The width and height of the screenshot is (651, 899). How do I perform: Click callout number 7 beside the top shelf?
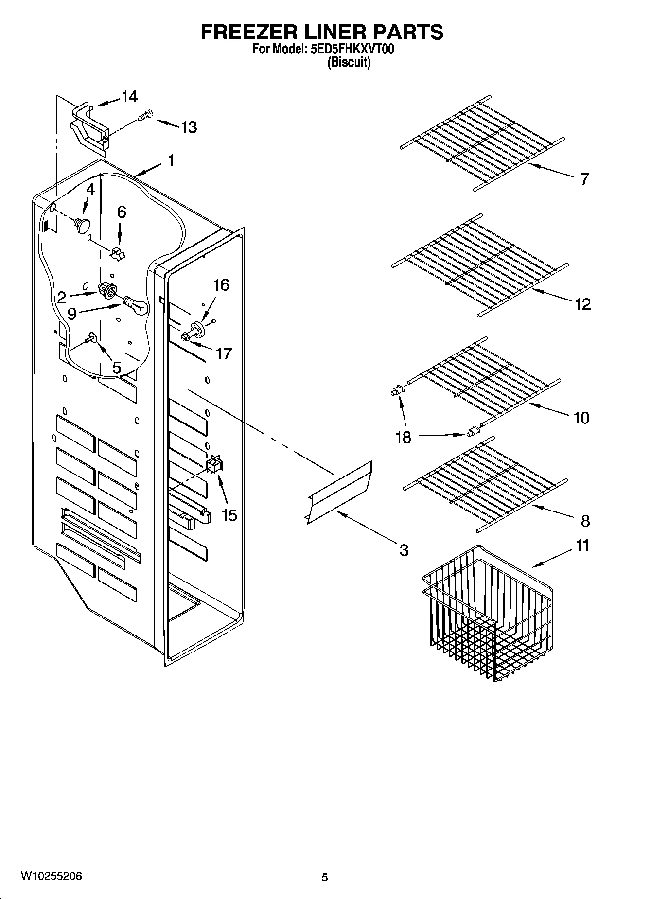[584, 178]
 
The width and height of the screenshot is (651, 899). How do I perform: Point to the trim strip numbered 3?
[339, 493]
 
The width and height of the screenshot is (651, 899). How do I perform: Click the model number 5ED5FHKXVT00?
[349, 50]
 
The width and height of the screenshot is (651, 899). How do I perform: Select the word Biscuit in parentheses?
[349, 62]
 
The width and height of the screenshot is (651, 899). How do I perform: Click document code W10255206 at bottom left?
[51, 877]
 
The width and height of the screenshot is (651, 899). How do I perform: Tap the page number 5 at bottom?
[325, 878]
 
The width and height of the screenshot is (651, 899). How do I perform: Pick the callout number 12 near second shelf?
[582, 304]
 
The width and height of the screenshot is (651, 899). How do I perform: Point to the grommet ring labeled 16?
[200, 328]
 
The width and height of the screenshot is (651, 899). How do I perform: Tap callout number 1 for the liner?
[171, 160]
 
